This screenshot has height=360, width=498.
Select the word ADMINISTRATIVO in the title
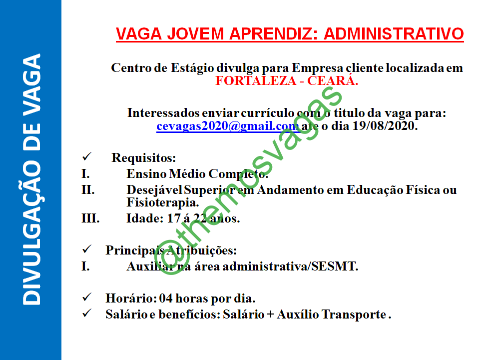pos(394,34)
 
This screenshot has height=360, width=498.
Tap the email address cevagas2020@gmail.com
pos(227,126)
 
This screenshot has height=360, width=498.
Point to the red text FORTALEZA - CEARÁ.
pos(287,81)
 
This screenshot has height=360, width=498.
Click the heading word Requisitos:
pos(144,158)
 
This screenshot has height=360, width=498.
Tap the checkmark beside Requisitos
pos(86,157)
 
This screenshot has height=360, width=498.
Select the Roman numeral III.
pos(90,218)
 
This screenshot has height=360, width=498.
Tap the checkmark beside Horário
pos(86,298)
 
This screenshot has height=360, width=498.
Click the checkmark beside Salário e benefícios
pos(86,314)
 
